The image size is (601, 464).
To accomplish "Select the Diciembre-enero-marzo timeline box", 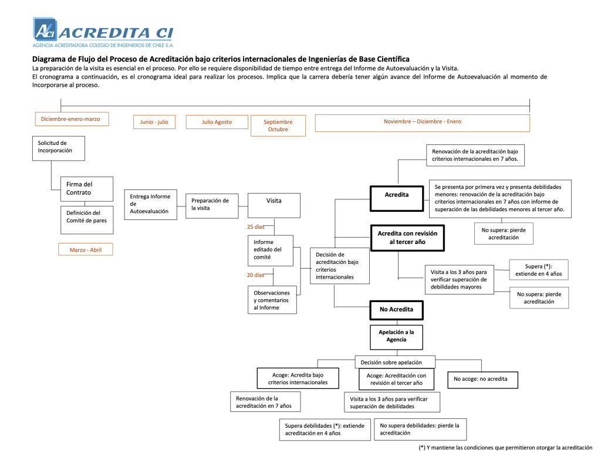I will pyautogui.click(x=70, y=119).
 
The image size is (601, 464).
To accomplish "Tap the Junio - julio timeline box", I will pyautogui.click(x=154, y=122).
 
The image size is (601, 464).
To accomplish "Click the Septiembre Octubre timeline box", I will pyautogui.click(x=278, y=126).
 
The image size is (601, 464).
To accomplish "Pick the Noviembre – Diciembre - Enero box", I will pyautogui.click(x=422, y=122).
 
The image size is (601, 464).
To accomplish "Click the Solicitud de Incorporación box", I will pyautogui.click(x=58, y=148).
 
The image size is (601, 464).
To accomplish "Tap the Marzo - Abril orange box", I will pyautogui.click(x=85, y=250).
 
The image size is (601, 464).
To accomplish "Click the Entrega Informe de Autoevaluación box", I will pyautogui.click(x=150, y=204).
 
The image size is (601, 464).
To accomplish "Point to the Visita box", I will pyautogui.click(x=274, y=205).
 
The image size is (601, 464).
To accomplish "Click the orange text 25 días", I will pyautogui.click(x=255, y=226).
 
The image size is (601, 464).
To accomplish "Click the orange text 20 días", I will pyautogui.click(x=255, y=275).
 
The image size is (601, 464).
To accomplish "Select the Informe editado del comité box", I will pyautogui.click(x=272, y=249).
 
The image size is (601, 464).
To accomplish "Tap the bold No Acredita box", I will pyautogui.click(x=396, y=309).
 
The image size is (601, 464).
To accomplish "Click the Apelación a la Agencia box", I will pyautogui.click(x=396, y=336).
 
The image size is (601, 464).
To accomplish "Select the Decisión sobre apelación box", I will pyautogui.click(x=395, y=362).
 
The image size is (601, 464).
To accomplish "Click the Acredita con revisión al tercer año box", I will pyautogui.click(x=407, y=238).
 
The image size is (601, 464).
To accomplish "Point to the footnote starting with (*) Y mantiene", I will pyautogui.click(x=505, y=448).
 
